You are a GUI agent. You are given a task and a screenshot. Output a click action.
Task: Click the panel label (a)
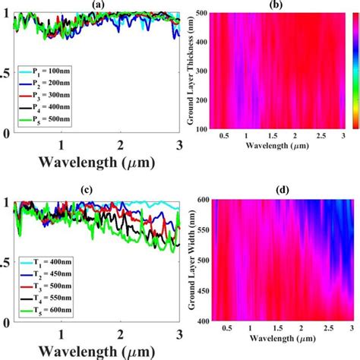(x=96, y=5)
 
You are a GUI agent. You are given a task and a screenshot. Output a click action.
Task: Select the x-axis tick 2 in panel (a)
(x=120, y=144)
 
